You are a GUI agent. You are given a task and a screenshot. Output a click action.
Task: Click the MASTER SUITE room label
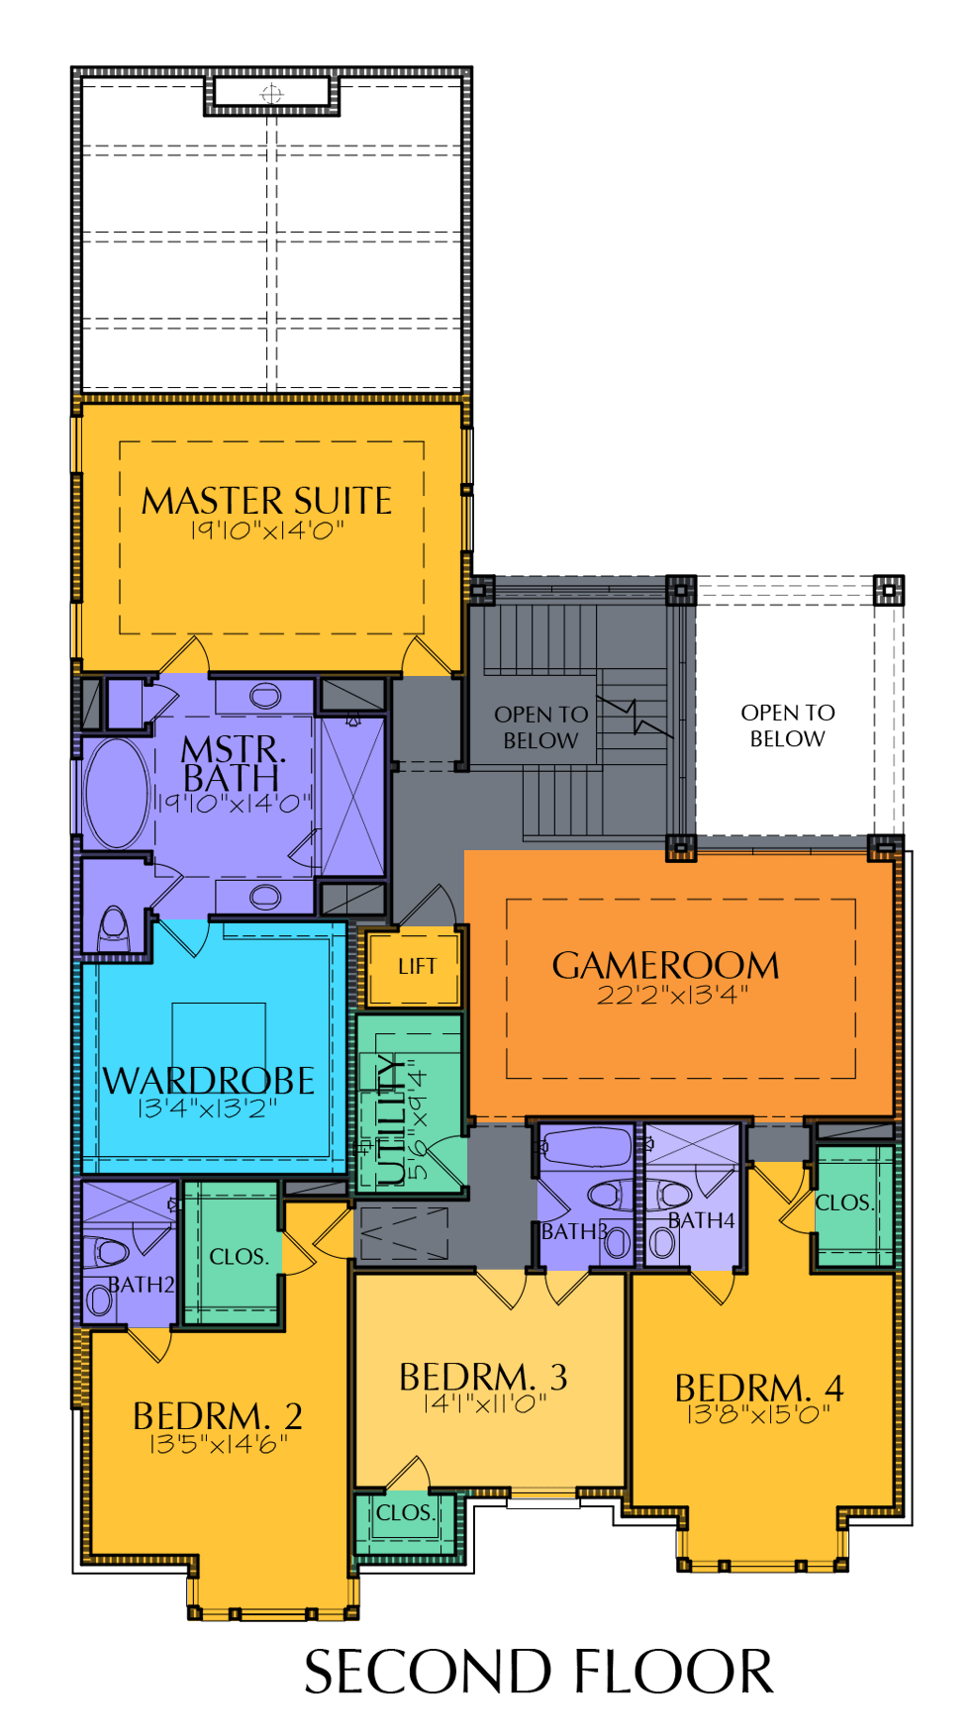266,501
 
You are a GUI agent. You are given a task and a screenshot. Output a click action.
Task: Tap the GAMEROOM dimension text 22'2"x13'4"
672,995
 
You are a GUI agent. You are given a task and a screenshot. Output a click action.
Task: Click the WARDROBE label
209,1080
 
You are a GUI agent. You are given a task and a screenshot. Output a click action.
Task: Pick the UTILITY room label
393,1119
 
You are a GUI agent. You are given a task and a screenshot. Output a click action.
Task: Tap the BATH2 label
142,1285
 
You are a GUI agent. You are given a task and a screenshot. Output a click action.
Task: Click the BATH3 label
574,1232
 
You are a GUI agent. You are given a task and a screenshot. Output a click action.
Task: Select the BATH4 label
702,1220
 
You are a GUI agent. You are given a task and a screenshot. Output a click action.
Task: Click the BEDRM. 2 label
218,1415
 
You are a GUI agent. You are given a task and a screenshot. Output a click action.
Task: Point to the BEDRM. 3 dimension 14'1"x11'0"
485,1403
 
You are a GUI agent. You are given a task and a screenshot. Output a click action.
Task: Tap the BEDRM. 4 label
759,1388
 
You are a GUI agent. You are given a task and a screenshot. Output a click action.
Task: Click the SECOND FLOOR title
538,1673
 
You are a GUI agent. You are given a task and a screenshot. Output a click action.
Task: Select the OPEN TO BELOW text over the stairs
540,727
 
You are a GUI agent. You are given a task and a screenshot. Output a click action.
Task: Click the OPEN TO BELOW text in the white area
788,725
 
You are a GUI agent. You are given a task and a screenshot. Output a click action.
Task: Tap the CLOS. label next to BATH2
240,1257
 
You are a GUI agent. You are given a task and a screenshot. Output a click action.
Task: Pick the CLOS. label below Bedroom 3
406,1513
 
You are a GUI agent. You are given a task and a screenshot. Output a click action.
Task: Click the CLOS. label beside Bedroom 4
844,1202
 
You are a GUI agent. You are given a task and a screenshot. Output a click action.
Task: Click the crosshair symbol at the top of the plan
271,94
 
